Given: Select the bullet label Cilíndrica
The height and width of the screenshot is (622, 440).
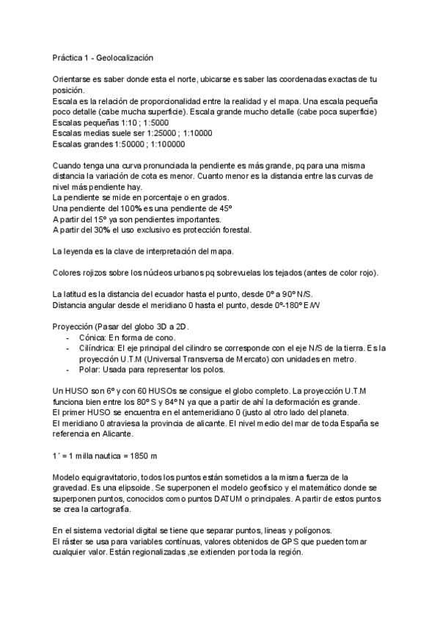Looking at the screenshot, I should pos(101,348).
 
